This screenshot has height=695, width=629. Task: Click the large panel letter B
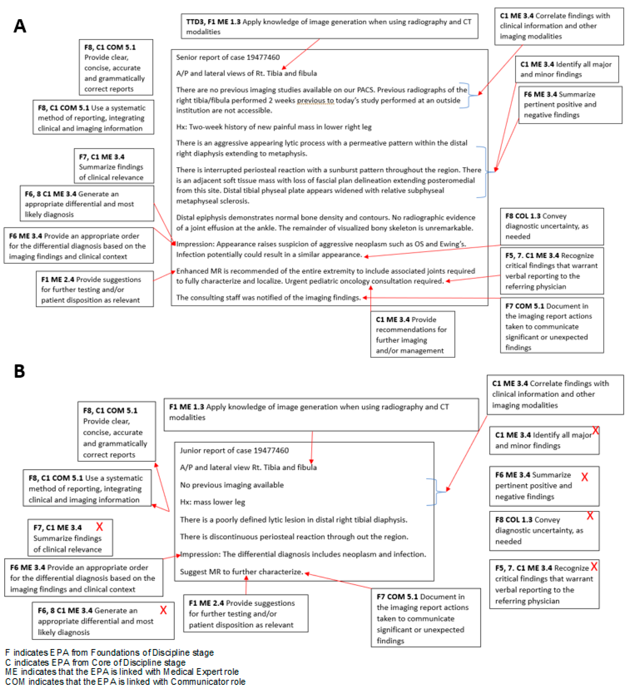tap(19, 371)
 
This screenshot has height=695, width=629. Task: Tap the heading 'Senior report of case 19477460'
tap(228, 57)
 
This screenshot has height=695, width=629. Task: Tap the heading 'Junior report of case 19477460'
tap(234, 450)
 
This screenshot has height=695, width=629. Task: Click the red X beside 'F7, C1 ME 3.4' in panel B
tap(100, 527)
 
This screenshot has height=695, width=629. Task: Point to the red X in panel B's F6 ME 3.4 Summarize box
tap(585, 477)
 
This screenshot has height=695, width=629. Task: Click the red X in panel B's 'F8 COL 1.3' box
tap(590, 516)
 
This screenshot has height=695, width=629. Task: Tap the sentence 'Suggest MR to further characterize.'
tap(241, 572)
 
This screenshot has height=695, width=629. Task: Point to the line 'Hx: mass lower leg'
tap(212, 502)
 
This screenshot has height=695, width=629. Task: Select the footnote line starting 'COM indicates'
tap(125, 682)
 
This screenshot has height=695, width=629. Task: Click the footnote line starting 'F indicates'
tap(109, 653)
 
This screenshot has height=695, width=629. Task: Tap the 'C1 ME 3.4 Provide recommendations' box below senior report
tap(412, 334)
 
